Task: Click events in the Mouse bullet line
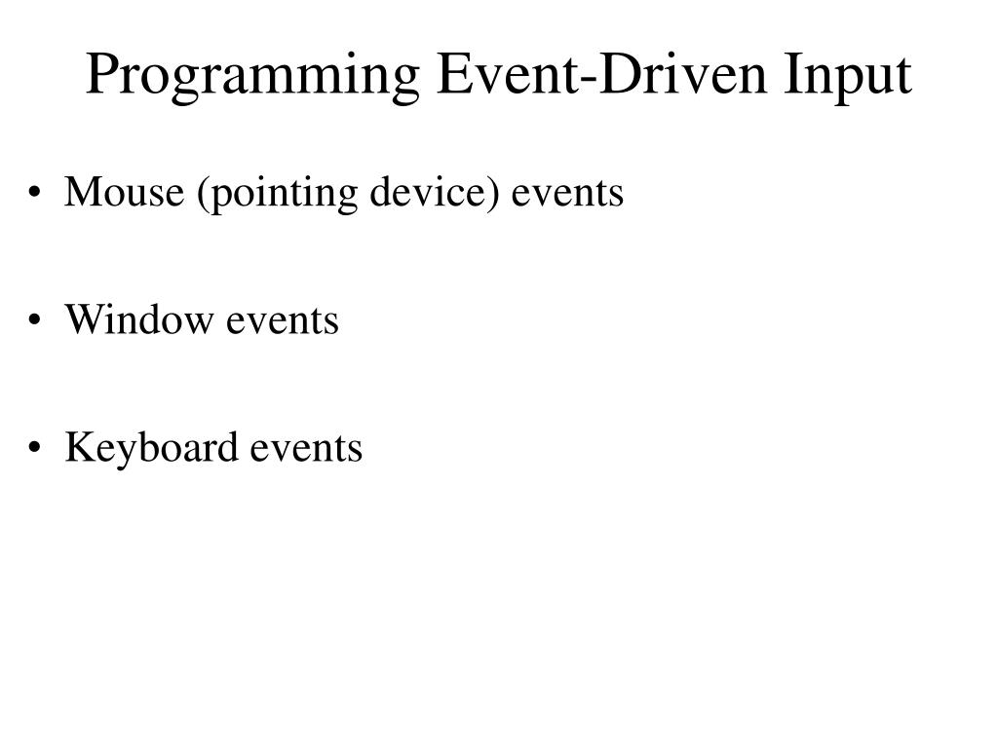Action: [567, 194]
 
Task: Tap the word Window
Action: [138, 319]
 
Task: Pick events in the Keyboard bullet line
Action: [306, 449]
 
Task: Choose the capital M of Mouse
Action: [80, 193]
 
